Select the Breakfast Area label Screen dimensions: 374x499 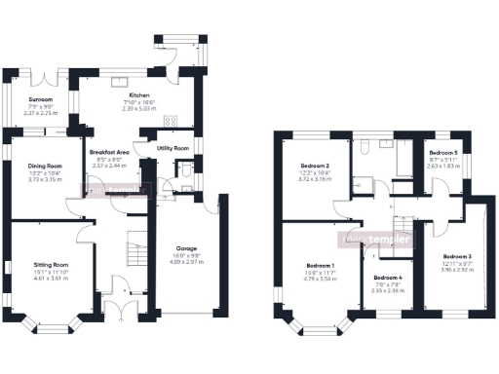tap(109, 153)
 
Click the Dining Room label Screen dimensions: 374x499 tap(44, 167)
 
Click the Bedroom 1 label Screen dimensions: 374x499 tap(321, 266)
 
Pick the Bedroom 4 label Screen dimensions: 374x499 tap(387, 279)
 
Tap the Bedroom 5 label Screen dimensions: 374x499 tap(443, 153)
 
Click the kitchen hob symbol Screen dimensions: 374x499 tap(171, 122)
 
